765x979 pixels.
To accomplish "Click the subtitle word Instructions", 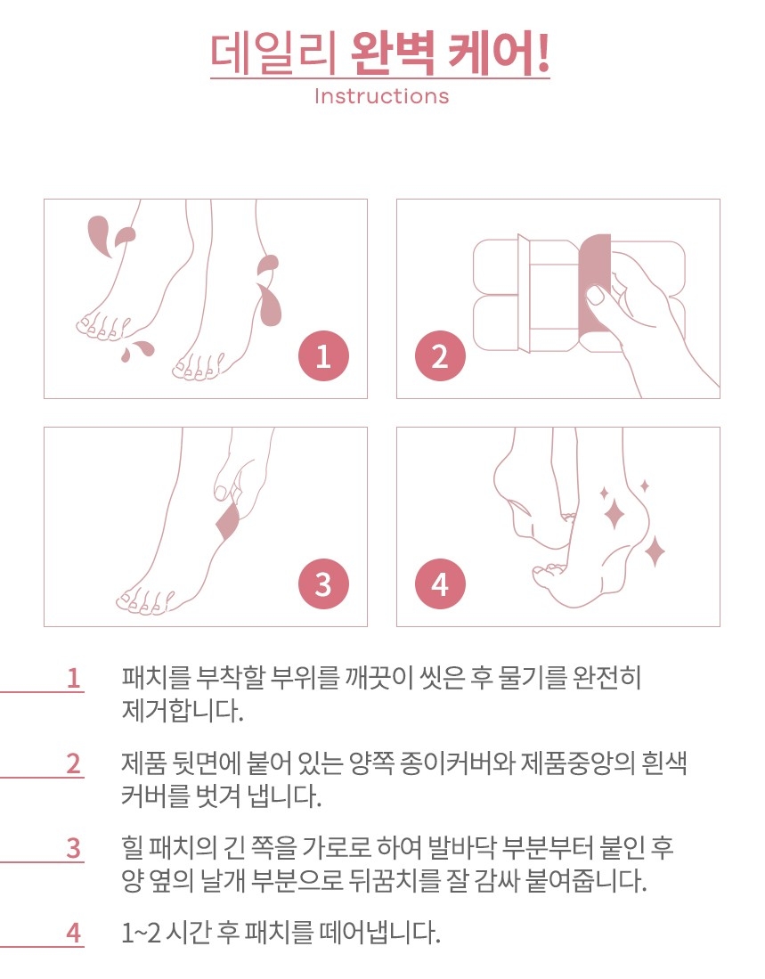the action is click(381, 96).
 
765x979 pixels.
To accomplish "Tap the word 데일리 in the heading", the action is click(273, 54).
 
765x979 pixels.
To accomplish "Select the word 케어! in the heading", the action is click(500, 54).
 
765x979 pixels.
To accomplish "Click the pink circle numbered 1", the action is click(323, 356).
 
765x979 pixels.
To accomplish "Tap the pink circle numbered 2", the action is click(440, 356).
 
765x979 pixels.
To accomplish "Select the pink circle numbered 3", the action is click(323, 584).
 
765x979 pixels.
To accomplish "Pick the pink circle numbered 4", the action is click(440, 584).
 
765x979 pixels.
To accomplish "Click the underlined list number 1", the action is click(74, 678).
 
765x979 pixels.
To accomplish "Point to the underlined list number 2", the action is click(74, 763).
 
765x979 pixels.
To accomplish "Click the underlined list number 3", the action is click(74, 849).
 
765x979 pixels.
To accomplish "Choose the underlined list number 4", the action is click(74, 933).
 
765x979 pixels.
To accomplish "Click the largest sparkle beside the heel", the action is click(614, 515).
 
